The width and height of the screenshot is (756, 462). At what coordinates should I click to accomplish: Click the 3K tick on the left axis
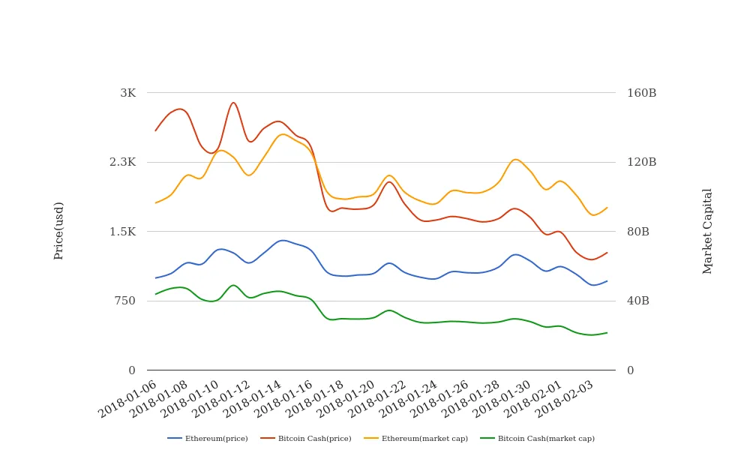point(127,93)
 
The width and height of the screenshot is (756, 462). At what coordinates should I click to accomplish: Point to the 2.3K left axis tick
point(122,162)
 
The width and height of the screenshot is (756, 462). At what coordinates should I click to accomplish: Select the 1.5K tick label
point(122,232)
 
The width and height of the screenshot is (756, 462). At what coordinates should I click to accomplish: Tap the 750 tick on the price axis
point(124,301)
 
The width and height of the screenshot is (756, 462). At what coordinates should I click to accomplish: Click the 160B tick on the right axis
point(641,93)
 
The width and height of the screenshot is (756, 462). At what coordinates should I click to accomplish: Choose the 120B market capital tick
point(641,162)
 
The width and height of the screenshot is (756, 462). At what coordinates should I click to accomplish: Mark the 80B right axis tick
point(638,232)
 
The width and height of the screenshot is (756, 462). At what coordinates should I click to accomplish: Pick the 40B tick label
point(638,301)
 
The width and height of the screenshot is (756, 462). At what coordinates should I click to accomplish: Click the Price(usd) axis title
point(58,230)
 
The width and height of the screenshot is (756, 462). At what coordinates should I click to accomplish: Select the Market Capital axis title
point(707,230)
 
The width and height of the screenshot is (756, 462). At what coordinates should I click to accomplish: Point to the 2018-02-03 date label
point(567,397)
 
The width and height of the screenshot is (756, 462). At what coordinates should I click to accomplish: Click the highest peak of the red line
point(233,103)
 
